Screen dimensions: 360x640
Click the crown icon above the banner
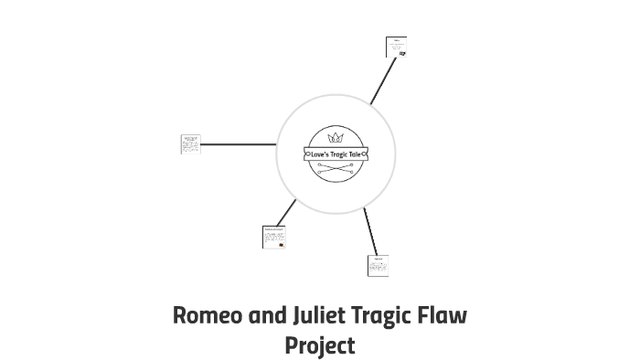coord(336,138)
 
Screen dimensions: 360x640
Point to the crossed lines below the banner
coord(336,168)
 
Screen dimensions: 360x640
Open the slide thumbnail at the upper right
coord(396,47)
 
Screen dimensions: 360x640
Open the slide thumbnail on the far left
coord(190,143)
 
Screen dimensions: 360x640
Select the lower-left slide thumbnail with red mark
coord(273,237)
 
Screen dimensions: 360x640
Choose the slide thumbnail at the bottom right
coord(378,265)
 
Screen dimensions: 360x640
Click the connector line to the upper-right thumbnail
coord(383,80)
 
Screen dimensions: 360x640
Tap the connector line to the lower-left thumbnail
coord(285,212)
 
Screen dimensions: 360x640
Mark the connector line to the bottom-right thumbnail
coord(370,231)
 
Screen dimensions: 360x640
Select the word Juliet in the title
coord(319,316)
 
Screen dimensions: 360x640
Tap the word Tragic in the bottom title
coord(384,316)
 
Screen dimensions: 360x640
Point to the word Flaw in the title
coord(445,316)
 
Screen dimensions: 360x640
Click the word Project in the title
coord(319,346)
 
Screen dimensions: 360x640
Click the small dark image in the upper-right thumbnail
coord(402,53)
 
